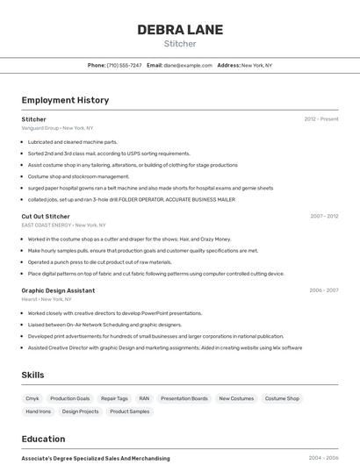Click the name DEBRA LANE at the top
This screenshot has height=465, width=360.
coord(179,30)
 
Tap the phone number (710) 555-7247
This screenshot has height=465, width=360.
coord(124,65)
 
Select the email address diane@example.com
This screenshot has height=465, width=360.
coord(187,65)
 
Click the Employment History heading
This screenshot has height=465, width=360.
coord(65,100)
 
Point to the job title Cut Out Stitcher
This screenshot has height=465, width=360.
coord(46,216)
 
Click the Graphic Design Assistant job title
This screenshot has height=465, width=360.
coord(58,290)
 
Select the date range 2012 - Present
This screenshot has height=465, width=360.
coord(321,118)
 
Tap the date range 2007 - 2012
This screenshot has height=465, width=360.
coord(324,216)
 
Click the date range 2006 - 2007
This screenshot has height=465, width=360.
coord(324,290)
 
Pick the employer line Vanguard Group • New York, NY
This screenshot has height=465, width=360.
coord(57,127)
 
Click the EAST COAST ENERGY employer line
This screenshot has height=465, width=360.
coord(59,225)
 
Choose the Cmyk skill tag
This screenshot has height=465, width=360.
coord(32,398)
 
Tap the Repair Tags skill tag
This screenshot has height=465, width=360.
coord(114,398)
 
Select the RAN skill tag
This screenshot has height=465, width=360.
coord(144,398)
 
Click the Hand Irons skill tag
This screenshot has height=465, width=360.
coord(38,411)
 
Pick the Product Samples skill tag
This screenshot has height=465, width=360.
coord(129,411)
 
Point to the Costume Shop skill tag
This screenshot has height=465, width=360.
coord(282,398)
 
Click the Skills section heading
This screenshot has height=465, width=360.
coord(33,375)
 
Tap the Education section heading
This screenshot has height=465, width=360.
coord(43,439)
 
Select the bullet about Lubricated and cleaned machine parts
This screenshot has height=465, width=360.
coord(72,141)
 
